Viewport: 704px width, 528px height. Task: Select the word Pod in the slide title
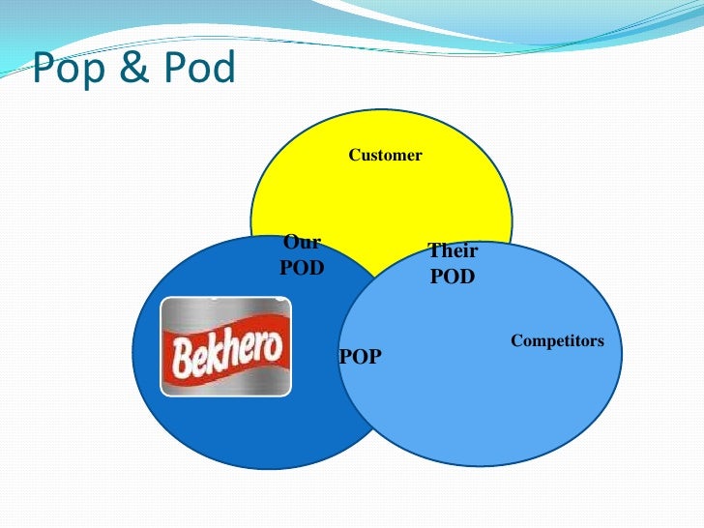pyautogui.click(x=197, y=68)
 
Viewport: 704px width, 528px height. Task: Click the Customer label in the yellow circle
pyautogui.click(x=385, y=155)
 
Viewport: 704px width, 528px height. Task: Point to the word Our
pyautogui.click(x=302, y=243)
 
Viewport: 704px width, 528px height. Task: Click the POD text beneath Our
pyautogui.click(x=302, y=268)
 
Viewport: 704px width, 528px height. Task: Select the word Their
pyautogui.click(x=453, y=250)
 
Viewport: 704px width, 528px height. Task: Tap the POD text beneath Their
pyautogui.click(x=453, y=277)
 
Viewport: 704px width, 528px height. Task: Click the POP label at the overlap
pyautogui.click(x=361, y=357)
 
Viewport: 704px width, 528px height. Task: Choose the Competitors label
pyautogui.click(x=557, y=340)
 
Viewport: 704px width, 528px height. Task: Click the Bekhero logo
pyautogui.click(x=226, y=346)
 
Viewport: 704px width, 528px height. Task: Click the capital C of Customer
pyautogui.click(x=354, y=155)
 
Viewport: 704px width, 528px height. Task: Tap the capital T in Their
pyautogui.click(x=434, y=250)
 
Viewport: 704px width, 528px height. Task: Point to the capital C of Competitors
pyautogui.click(x=515, y=340)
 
